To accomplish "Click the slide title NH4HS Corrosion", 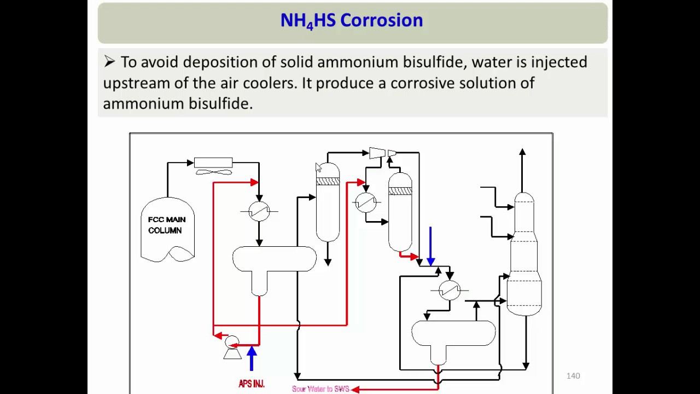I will click(x=351, y=21).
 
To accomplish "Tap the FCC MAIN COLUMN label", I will click(x=167, y=225).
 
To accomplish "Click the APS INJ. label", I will click(x=252, y=384).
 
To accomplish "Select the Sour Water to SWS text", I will click(x=320, y=389).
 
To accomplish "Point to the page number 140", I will click(x=573, y=376).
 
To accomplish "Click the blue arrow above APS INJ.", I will click(x=252, y=358).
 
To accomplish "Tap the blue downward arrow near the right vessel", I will click(x=430, y=246).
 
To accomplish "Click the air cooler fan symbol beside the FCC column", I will click(x=213, y=172).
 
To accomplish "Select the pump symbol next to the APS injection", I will click(x=232, y=348).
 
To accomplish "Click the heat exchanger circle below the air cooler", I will click(x=259, y=211).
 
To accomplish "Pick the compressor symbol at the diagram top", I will click(x=377, y=153).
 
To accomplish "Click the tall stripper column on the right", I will click(x=524, y=254).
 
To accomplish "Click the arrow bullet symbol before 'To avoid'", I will click(x=109, y=62).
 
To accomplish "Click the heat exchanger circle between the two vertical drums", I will click(x=365, y=202).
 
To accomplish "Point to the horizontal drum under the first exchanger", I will click(x=274, y=259).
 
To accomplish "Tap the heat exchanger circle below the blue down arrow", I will click(x=450, y=290).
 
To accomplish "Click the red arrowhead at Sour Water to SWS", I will click(x=355, y=389).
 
